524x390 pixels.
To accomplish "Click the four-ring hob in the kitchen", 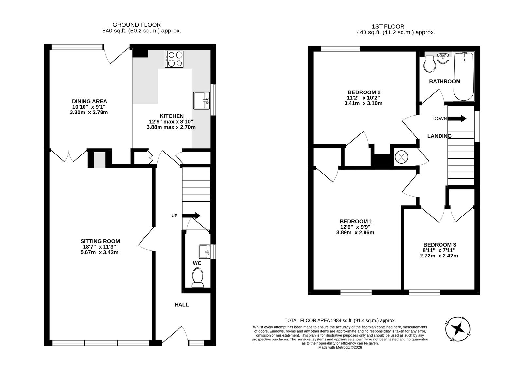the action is coord(174,59).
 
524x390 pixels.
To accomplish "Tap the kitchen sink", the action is coord(201,100).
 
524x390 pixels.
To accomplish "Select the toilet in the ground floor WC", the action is coord(197,277).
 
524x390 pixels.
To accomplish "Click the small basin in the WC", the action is coord(204,252).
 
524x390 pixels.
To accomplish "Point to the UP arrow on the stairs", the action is coord(191,216).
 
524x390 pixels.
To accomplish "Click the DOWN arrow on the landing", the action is coord(457,118).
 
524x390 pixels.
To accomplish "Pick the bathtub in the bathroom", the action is coord(463,77).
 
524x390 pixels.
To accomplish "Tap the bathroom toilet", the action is coord(430,64).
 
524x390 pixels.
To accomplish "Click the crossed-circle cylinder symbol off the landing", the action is coord(402,157).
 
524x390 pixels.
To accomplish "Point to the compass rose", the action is coord(458,329).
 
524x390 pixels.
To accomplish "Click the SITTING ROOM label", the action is coord(100,241).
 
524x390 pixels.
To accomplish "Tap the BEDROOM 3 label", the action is coord(440,245).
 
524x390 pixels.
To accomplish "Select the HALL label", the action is coord(181,305).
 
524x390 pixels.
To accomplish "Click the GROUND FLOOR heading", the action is coord(137,25).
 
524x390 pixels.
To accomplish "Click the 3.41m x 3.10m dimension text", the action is coord(363,103).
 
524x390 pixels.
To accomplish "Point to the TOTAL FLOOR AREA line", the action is coord(340,321).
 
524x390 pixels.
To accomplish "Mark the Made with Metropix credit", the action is coord(340,347).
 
